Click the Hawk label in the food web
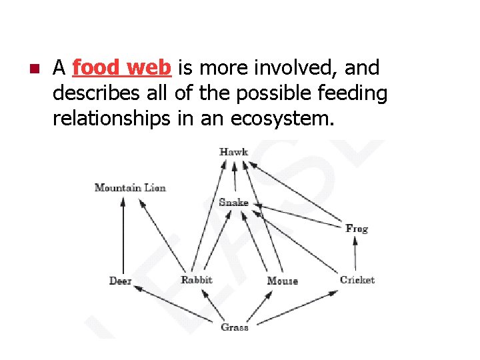click(x=233, y=152)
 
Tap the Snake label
click(x=233, y=202)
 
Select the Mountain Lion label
click(x=130, y=188)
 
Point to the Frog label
click(x=357, y=229)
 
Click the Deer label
click(x=121, y=281)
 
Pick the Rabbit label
click(x=197, y=280)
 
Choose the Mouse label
click(x=282, y=281)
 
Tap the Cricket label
click(x=357, y=281)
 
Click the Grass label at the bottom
click(x=235, y=327)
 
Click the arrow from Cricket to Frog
click(x=355, y=254)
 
